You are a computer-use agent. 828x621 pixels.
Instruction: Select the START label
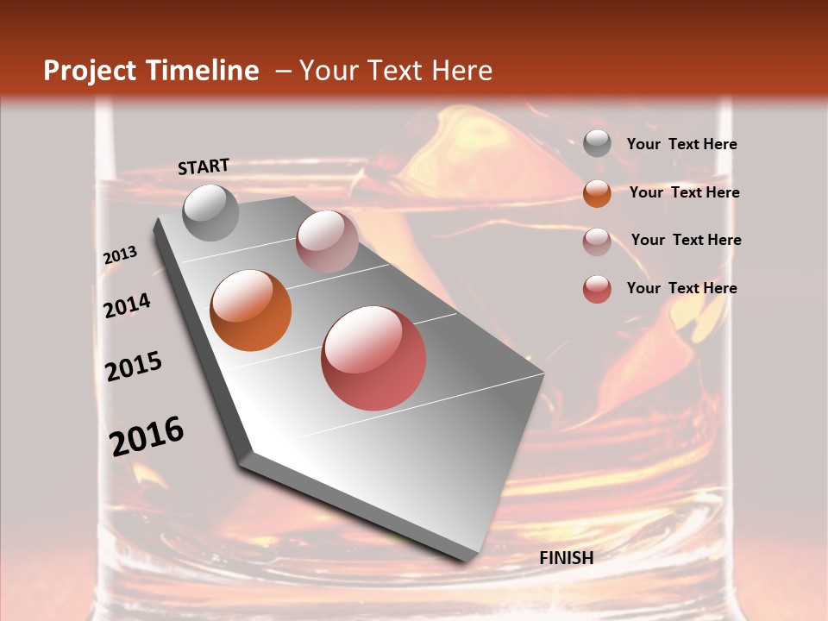[x=204, y=166]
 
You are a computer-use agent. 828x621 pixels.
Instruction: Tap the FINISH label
[x=566, y=558]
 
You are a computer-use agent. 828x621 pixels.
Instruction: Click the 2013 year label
[x=120, y=255]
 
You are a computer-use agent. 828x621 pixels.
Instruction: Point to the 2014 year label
[x=127, y=305]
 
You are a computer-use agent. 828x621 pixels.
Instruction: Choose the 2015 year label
[x=134, y=367]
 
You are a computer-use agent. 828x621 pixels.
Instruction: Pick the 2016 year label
[x=147, y=436]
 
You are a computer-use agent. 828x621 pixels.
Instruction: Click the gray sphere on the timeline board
[x=211, y=212]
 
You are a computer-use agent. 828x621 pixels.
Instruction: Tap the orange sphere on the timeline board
[x=251, y=310]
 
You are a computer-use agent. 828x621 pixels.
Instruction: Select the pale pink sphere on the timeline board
[x=327, y=241]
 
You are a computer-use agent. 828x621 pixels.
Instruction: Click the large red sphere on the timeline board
[x=373, y=358]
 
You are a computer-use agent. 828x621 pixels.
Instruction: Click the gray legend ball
[x=597, y=144]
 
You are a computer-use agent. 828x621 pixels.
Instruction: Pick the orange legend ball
[x=597, y=192]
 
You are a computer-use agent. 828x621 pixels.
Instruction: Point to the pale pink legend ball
[x=597, y=241]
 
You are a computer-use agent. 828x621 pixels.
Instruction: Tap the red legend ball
[x=597, y=289]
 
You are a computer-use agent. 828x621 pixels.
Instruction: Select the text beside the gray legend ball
[x=681, y=145]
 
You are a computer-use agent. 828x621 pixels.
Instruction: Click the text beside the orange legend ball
[x=684, y=192]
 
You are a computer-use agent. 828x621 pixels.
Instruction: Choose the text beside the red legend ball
[x=681, y=288]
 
